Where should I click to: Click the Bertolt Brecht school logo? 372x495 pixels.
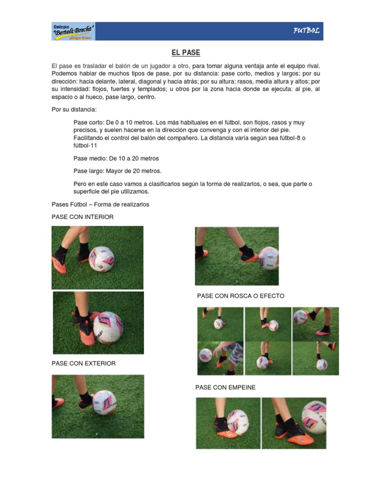click(74, 31)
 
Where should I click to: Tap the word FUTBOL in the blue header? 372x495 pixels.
click(306, 31)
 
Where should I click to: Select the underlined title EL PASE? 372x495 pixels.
click(186, 52)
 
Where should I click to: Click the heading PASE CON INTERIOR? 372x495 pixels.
click(82, 217)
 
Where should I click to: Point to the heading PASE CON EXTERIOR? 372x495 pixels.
click(83, 363)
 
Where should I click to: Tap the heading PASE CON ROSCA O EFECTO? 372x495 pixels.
click(240, 296)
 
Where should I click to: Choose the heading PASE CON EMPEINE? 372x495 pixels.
click(225, 387)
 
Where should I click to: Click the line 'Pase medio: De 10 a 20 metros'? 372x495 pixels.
click(116, 158)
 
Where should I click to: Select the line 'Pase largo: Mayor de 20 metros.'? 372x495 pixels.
click(117, 171)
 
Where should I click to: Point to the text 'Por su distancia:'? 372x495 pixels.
click(74, 109)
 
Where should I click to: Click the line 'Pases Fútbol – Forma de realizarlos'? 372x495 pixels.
click(100, 204)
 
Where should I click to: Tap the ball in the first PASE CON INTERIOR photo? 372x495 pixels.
click(102, 259)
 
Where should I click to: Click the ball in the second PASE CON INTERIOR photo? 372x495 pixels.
click(108, 327)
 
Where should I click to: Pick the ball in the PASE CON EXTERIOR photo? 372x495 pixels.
click(104, 403)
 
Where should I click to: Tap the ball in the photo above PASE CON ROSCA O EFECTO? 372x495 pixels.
click(268, 258)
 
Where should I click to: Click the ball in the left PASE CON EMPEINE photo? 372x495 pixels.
click(237, 422)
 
